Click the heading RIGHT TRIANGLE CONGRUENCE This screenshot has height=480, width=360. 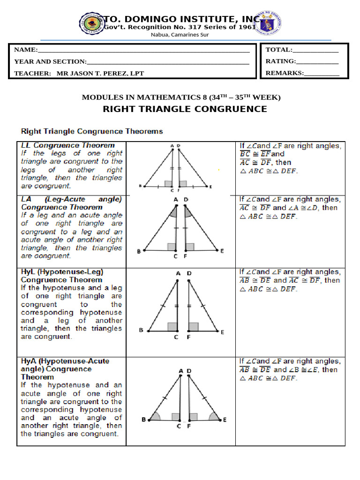[185, 109]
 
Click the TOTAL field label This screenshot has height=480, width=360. [279, 50]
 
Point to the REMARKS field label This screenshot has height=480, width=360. [285, 73]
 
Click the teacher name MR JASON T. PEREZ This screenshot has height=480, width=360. [100, 73]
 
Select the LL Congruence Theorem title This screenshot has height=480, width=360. [68, 145]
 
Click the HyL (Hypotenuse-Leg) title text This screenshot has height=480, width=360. [62, 272]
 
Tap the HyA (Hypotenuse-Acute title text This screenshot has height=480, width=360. [65, 361]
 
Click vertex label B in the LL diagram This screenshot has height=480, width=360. [140, 187]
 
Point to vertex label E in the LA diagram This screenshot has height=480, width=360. [222, 251]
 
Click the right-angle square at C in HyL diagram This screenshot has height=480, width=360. [172, 326]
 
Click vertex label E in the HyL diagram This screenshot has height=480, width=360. [222, 332]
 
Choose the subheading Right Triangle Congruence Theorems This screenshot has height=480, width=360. [92, 131]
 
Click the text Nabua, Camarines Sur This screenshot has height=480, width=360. [180, 35]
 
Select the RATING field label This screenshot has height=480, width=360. [281, 61]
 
